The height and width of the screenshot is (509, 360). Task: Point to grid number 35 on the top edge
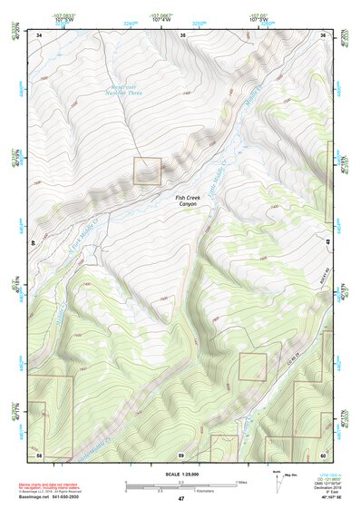[182, 35]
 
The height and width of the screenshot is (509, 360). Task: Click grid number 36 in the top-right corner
[322, 35]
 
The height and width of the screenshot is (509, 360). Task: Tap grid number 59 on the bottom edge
[181, 454]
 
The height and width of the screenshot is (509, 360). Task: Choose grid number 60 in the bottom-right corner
[322, 454]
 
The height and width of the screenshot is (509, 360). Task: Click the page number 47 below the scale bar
[180, 499]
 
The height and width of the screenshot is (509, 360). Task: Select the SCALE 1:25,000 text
[180, 475]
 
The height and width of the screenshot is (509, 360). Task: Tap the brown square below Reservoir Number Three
[147, 171]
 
